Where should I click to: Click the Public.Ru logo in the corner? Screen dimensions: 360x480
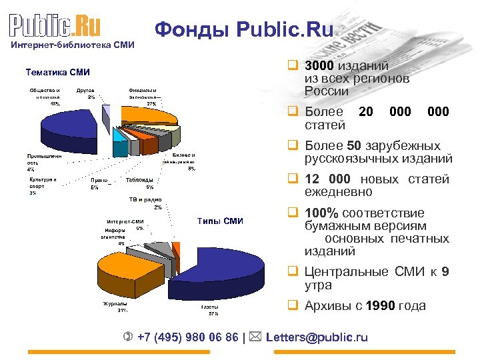point(55,26)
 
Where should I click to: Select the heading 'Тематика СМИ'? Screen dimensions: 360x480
point(57,73)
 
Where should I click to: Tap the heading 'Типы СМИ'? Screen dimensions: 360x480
point(221,221)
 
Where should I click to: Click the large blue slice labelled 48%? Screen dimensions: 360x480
point(67,121)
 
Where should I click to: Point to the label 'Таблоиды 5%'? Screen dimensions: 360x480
point(140,183)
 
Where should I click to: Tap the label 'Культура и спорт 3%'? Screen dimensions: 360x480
point(43,186)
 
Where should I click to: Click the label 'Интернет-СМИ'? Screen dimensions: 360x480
point(125,222)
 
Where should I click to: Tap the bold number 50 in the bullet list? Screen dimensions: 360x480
point(356,145)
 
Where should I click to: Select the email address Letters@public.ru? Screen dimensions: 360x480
point(317,337)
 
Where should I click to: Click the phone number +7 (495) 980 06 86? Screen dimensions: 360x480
point(187,337)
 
